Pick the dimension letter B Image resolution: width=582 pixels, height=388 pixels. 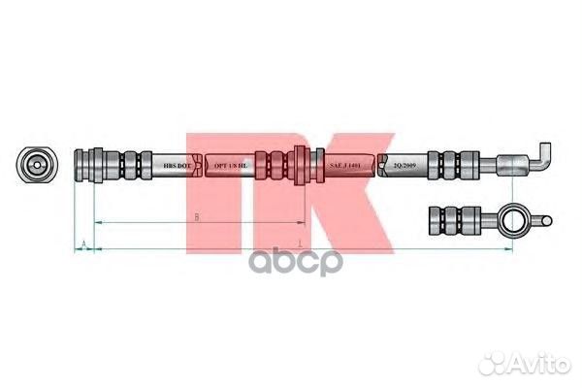click(197, 217)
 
